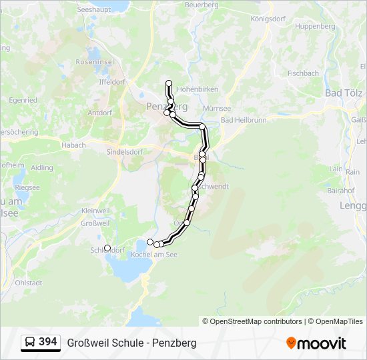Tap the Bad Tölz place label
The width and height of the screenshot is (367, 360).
click(x=343, y=93)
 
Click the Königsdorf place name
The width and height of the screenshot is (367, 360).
click(x=268, y=19)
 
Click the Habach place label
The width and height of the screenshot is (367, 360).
click(x=73, y=145)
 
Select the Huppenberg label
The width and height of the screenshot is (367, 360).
click(x=314, y=26)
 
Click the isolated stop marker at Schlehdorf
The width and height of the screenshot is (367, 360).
click(x=107, y=248)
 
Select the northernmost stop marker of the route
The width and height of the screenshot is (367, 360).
click(x=169, y=83)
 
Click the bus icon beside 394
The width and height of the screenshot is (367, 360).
click(x=30, y=343)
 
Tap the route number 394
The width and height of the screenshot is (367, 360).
click(x=48, y=342)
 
